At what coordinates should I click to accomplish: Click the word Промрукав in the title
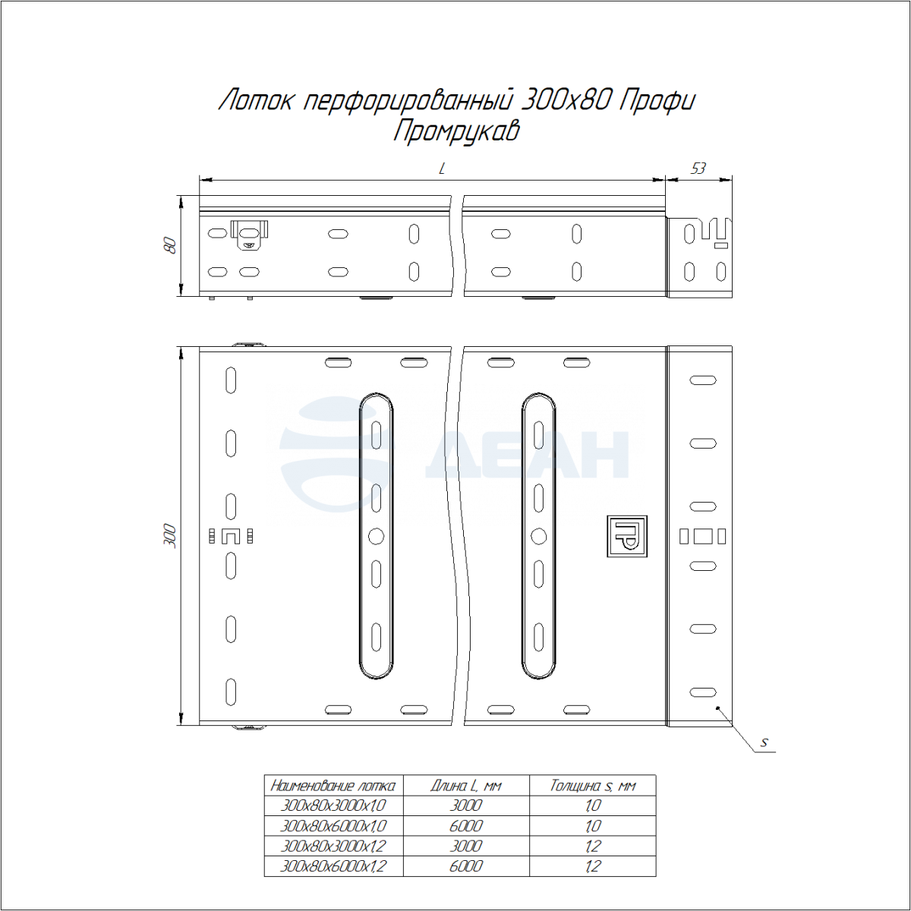(457, 131)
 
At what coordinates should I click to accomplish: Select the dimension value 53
(698, 169)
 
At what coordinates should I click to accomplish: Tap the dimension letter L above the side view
(442, 169)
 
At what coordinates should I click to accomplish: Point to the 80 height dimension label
(170, 245)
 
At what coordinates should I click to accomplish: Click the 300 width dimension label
(170, 536)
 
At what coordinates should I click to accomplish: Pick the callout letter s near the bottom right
(764, 742)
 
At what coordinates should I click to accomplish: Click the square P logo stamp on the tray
(627, 536)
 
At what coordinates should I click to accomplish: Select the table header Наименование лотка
(333, 786)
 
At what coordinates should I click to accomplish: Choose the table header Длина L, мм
(465, 786)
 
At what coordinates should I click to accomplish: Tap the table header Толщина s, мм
(592, 786)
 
